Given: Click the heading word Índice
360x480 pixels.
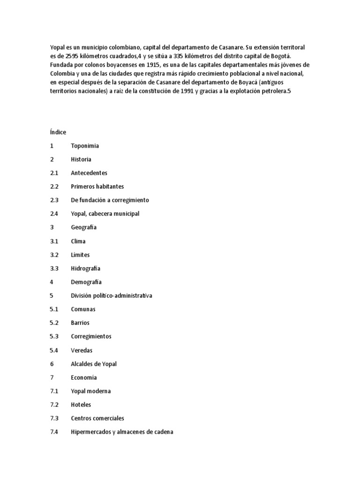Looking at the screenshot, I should [58, 132].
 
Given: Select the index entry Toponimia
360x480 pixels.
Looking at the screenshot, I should [85, 146].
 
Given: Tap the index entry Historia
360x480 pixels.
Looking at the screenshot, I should [81, 159].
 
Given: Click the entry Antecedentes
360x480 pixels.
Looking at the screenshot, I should [89, 173].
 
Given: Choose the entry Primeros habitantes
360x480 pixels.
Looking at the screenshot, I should [97, 187].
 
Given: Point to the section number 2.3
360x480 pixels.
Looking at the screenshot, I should [54, 200].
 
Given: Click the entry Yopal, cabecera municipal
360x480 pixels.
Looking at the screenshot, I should [105, 214].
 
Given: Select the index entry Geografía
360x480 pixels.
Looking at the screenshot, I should [84, 227].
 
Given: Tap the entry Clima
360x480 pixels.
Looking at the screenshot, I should [78, 241].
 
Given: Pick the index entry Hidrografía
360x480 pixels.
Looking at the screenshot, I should [86, 269].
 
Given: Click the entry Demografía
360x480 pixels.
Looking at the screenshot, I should [86, 282].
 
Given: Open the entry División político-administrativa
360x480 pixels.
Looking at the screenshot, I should [112, 296].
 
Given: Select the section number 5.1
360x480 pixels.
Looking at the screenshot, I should [54, 309].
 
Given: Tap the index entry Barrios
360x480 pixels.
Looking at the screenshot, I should [80, 323].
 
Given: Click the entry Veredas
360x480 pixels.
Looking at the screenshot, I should [82, 350].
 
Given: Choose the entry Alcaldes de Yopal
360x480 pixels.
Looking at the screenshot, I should [94, 364].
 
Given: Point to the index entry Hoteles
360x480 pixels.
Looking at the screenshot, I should [81, 405].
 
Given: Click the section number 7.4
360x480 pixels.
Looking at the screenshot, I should [54, 432].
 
